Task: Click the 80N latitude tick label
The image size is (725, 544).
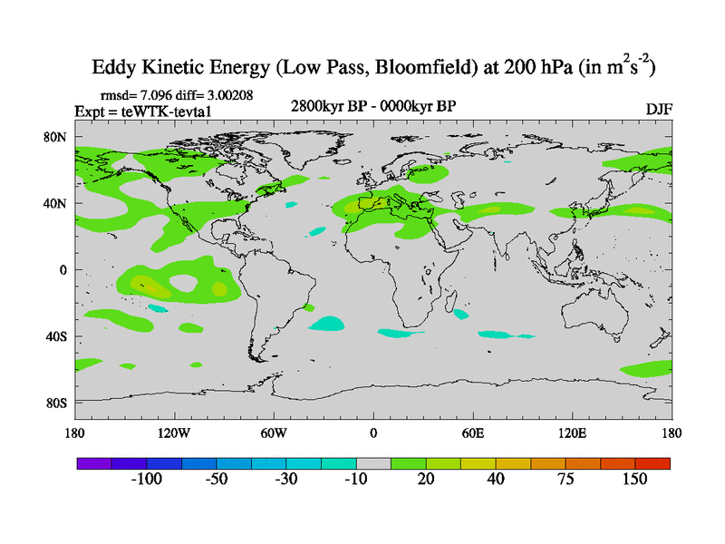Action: tap(58, 137)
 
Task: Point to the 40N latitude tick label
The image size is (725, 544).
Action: tap(58, 204)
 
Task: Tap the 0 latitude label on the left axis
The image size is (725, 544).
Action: tap(64, 270)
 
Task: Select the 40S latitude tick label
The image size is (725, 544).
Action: tap(58, 336)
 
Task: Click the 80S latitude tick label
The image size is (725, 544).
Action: tap(58, 403)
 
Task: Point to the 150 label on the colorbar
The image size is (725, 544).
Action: tap(634, 479)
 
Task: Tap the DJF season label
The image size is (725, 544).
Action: tap(659, 109)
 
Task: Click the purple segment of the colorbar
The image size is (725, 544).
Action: tap(93, 463)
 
